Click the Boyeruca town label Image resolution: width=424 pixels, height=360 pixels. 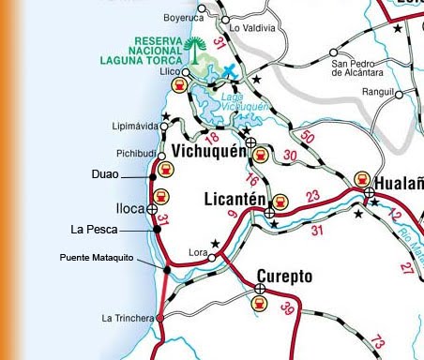tap(184, 16)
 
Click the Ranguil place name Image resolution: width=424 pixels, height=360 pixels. tap(392, 92)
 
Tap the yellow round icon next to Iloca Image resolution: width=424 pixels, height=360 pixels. tap(161, 197)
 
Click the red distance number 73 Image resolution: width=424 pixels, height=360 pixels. tap(377, 342)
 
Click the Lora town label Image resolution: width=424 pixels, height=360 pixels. tap(197, 252)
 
